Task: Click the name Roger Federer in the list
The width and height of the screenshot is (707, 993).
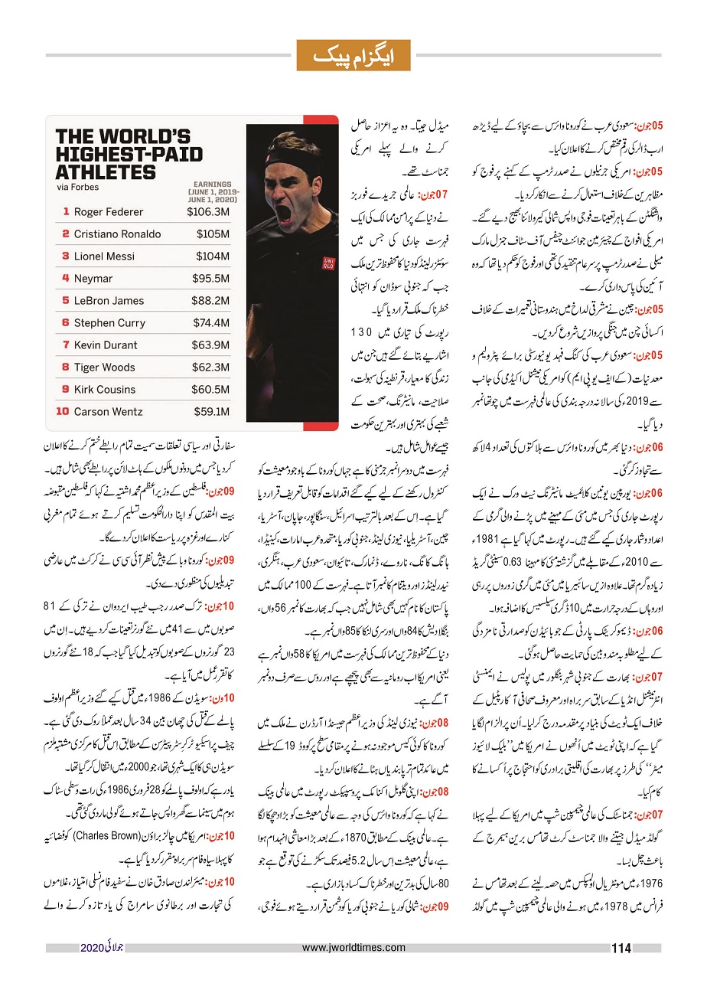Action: click(108, 212)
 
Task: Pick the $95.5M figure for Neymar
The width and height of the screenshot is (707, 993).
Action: click(210, 279)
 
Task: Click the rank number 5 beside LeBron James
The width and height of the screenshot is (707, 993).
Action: click(66, 301)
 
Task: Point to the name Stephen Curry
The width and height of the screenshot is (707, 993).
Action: click(109, 323)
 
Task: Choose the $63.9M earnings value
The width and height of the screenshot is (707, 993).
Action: click(210, 345)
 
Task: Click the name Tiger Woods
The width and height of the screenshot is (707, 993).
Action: click(104, 367)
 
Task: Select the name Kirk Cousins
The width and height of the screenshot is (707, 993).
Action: click(105, 390)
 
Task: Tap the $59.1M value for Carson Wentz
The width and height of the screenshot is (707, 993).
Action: click(210, 412)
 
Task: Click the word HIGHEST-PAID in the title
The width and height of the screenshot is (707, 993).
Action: click(129, 154)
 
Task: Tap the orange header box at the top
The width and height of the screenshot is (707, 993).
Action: click(353, 55)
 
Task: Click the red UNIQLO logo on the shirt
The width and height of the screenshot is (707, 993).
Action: click(328, 263)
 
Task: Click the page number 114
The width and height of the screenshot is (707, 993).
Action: click(621, 949)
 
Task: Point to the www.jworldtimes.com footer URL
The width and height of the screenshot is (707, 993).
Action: click(353, 948)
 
